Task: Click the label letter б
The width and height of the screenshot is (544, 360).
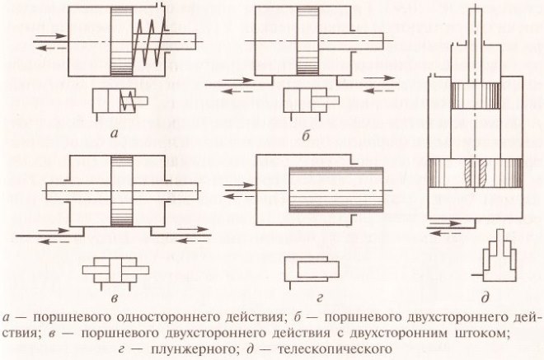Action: click(306, 134)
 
